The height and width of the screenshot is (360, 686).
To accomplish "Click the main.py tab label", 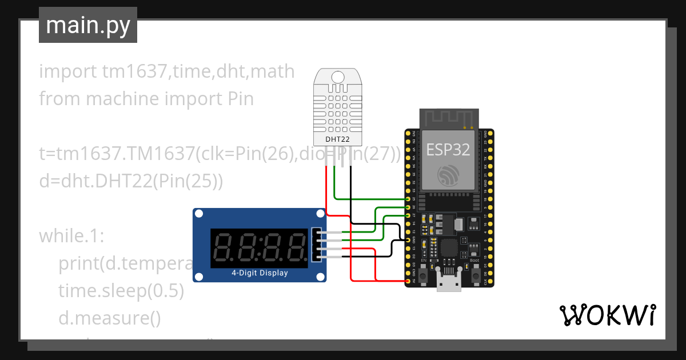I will [x=87, y=25].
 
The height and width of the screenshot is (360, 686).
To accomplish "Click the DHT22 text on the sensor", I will [x=338, y=139].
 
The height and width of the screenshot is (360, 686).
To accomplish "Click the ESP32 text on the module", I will [x=448, y=150].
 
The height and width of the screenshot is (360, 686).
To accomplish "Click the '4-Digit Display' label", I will [x=260, y=273].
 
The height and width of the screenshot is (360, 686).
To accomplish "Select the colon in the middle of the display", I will [x=259, y=247].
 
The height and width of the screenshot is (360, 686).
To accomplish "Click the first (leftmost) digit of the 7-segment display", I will [x=223, y=247].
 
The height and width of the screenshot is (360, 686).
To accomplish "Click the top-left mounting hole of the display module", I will [x=199, y=214].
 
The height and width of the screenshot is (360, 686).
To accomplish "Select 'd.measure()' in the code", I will [x=109, y=318].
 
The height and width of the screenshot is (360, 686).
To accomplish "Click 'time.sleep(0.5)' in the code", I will [x=121, y=291].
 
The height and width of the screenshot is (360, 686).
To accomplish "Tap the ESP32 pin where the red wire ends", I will [x=408, y=281].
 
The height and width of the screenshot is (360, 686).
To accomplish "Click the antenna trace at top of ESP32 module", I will [x=448, y=119].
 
